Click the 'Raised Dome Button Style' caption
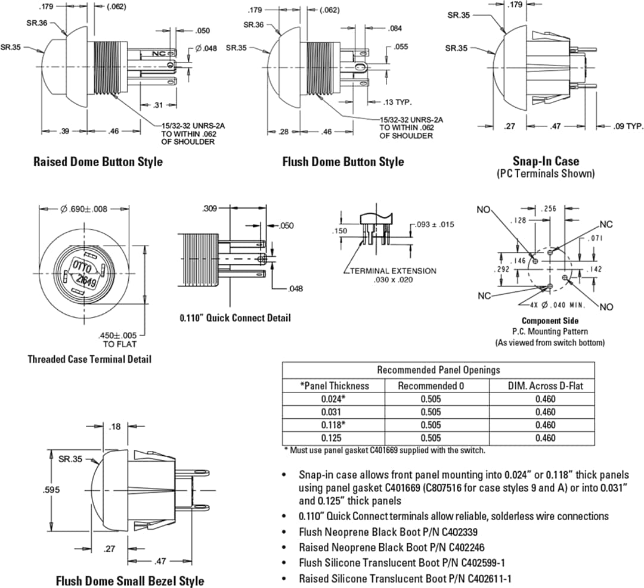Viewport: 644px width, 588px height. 98,162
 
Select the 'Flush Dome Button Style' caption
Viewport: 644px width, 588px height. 343,162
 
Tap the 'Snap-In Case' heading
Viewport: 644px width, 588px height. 545,161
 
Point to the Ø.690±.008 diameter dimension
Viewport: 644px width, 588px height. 84,209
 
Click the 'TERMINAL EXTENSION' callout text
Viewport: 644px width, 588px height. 393,271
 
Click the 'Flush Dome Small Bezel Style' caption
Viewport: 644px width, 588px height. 130,581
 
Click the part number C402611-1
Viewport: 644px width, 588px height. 490,578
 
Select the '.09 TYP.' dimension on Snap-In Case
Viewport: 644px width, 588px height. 628,126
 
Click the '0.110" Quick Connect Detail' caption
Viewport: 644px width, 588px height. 235,318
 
